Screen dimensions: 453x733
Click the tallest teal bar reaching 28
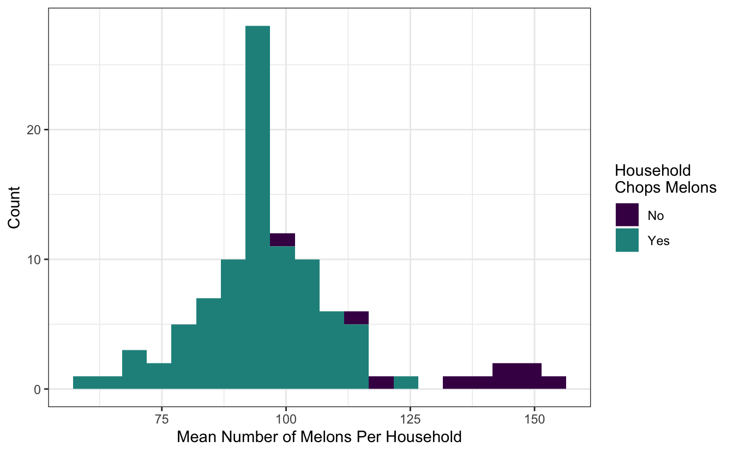click(x=257, y=207)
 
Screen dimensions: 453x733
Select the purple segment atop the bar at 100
click(x=283, y=240)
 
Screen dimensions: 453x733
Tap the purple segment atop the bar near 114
click(x=357, y=318)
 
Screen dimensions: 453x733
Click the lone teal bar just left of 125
click(x=406, y=383)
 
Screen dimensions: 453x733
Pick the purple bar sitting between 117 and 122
click(x=381, y=383)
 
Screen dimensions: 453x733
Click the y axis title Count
click(x=14, y=207)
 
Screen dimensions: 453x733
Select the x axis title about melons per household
click(x=319, y=437)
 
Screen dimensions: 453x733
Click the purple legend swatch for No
click(x=627, y=215)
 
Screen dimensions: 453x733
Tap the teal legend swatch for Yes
click(x=627, y=240)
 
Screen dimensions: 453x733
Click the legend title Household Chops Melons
click(x=665, y=179)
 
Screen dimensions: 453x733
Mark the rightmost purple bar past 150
click(x=554, y=383)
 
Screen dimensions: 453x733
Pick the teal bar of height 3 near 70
click(x=134, y=369)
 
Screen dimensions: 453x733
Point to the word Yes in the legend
click(x=658, y=241)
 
